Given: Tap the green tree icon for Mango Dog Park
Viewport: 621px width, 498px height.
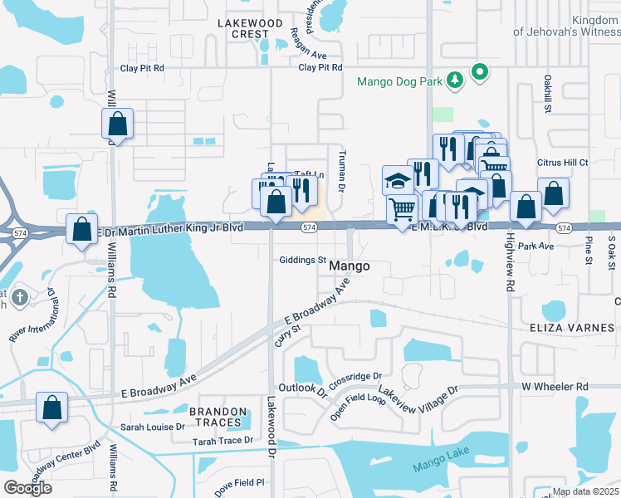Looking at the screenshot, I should click(x=454, y=81).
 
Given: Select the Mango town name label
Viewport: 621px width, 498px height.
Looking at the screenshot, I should click(x=349, y=266).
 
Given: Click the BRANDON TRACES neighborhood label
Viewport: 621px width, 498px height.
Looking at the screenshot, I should click(x=218, y=417).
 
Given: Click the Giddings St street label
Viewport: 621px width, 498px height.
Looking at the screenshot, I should click(x=302, y=260).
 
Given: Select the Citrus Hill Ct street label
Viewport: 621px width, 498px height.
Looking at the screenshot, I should click(x=560, y=164).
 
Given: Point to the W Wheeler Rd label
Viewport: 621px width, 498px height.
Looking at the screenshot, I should click(x=555, y=387).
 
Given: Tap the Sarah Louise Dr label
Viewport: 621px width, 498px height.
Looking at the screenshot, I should click(x=153, y=427).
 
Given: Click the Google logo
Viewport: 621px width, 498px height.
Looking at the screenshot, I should click(x=27, y=487).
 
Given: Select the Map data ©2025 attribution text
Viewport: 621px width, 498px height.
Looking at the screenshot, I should click(x=584, y=491).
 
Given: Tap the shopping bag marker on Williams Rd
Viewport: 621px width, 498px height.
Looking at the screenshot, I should click(x=117, y=124).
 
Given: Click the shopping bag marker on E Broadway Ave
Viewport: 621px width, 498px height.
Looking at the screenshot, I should click(x=51, y=408).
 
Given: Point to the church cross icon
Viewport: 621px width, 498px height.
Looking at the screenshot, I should click(x=21, y=296).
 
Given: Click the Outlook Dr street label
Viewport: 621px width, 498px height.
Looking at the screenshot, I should click(x=303, y=388).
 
